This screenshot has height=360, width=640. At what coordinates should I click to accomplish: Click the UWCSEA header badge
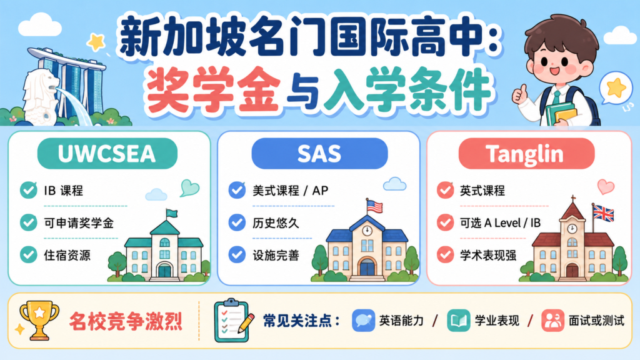click(x=107, y=154)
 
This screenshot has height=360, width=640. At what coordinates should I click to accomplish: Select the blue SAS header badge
click(x=319, y=154)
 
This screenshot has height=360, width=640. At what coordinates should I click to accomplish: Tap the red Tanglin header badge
click(x=526, y=154)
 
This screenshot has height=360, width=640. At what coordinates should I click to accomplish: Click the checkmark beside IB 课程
click(x=29, y=190)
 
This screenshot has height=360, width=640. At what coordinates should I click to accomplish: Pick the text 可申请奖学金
click(x=79, y=223)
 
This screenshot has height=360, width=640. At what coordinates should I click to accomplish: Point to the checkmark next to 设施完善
click(x=237, y=255)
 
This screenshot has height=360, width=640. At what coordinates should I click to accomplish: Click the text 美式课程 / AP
click(x=290, y=191)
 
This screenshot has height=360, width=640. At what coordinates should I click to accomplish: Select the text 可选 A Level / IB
click(x=500, y=223)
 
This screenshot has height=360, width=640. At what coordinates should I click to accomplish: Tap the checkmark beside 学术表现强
click(x=445, y=255)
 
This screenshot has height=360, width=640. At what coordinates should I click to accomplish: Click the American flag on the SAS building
click(x=375, y=206)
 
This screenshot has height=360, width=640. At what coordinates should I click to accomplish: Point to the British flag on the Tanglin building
click(x=603, y=213)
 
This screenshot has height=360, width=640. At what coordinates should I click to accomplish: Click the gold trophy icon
click(x=39, y=321)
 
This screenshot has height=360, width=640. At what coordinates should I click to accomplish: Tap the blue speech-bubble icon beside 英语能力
click(x=363, y=321)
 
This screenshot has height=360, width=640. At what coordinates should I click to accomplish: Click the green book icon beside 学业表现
click(x=458, y=321)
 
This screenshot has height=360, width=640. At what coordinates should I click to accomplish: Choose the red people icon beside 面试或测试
click(x=552, y=321)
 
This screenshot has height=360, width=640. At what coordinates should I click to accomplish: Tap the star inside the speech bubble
click(x=616, y=87)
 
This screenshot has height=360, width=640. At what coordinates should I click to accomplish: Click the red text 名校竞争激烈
click(x=126, y=321)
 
